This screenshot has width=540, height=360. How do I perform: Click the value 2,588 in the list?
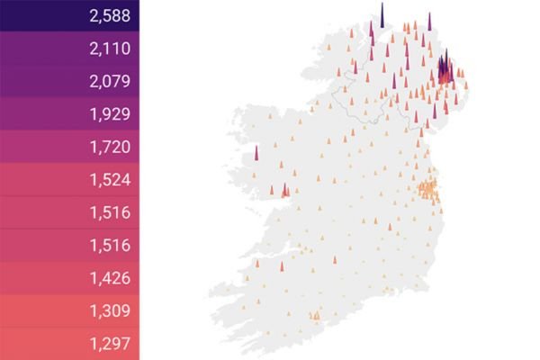(x=110, y=15)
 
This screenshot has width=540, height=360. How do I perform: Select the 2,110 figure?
(x=110, y=49)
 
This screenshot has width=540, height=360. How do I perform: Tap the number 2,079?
(x=110, y=81)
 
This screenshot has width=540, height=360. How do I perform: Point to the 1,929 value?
(x=110, y=114)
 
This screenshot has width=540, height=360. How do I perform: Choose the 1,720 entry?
(x=110, y=147)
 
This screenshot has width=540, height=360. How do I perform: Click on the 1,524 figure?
(x=110, y=180)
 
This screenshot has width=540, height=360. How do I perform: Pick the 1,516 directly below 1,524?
(x=110, y=212)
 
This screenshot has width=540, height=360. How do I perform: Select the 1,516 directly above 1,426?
(x=110, y=245)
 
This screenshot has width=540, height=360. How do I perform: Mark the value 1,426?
(x=110, y=278)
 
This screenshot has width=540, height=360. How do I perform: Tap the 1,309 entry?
(x=110, y=310)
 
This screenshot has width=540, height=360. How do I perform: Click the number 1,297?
(x=110, y=343)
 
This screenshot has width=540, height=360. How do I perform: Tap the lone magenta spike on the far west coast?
(x=256, y=154)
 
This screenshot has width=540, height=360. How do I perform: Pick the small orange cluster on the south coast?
(x=314, y=316)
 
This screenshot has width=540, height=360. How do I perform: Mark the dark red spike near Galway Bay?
(x=285, y=190)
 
